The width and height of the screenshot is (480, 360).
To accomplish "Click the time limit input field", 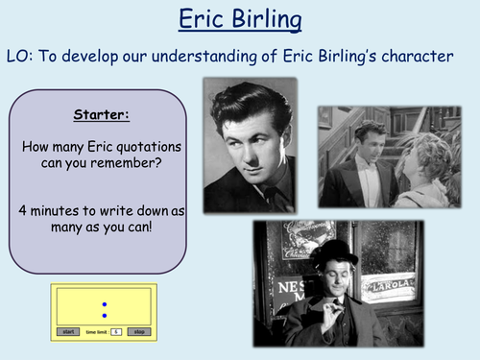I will [x=115, y=331].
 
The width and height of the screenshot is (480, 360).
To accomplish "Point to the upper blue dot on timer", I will [x=104, y=304].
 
